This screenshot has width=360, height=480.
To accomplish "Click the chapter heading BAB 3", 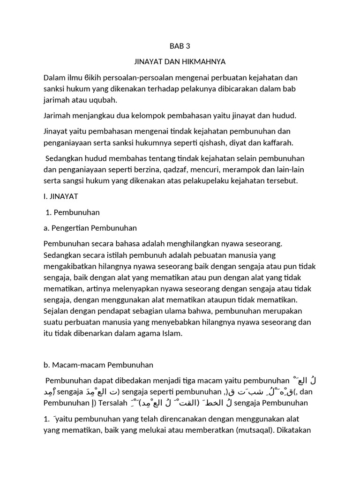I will coord(180,46).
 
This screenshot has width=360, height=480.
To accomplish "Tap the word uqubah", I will coord(105,100).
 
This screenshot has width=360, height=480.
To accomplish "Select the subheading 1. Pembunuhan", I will coord(73,212).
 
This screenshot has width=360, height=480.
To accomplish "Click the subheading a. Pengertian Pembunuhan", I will coord(90,228).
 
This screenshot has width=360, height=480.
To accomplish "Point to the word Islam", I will coord(171,333).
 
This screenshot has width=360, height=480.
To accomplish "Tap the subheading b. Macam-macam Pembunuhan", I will coord(98,364).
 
